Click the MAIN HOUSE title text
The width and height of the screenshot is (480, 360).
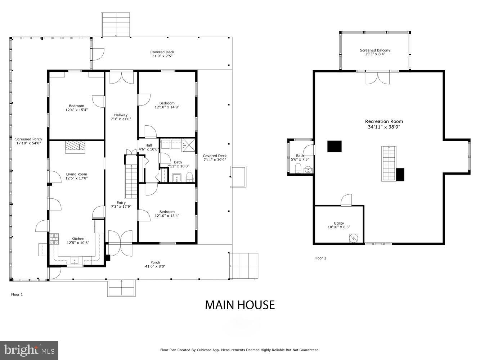pos(240,305)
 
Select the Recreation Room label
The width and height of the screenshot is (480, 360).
pos(384,124)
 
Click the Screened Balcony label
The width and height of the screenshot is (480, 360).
pos(375,52)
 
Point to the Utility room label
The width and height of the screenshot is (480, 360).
pos(339,225)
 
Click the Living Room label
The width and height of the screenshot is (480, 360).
pos(77,176)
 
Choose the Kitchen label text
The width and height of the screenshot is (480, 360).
pos(78,240)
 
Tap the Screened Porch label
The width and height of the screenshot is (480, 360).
pos(28,141)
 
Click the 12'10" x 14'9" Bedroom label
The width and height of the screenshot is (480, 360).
pos(167,105)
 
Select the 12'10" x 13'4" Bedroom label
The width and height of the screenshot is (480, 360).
pos(167,214)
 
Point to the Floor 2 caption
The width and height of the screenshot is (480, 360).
pos(320,258)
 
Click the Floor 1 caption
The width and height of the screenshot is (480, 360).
pos(17,294)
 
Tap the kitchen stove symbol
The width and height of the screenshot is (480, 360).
pos(54,239)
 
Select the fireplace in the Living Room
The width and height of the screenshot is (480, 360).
pos(76,147)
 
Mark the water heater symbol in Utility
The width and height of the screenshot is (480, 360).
pos(354,238)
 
